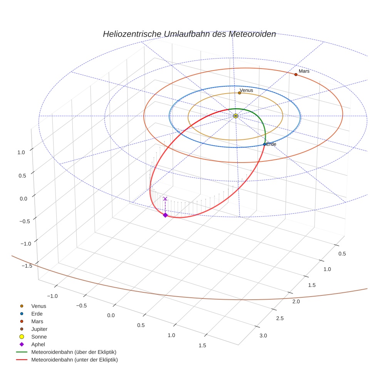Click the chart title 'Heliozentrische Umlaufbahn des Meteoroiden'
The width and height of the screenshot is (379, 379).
tap(189, 34)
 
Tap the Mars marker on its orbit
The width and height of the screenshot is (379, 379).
tap(296, 74)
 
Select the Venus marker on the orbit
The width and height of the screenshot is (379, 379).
tap(240, 93)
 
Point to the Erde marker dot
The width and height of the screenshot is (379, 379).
tap(265, 144)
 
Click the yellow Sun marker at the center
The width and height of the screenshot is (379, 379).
tap(236, 116)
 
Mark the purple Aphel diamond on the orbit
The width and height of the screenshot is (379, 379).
tap(165, 215)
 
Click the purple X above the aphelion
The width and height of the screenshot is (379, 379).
tap(165, 199)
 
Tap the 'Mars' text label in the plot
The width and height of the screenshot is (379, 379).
tap(304, 71)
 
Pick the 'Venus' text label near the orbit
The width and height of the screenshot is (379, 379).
tap(247, 91)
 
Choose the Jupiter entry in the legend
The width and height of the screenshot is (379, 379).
tap(39, 329)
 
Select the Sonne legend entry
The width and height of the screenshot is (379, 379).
tap(39, 337)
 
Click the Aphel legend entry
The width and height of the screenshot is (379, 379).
tap(38, 344)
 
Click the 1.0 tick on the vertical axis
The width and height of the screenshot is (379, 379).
tap(21, 152)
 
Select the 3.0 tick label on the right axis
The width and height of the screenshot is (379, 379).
tap(263, 336)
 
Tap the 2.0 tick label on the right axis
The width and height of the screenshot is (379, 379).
tap(296, 301)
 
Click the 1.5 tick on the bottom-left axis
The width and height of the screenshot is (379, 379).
tap(202, 345)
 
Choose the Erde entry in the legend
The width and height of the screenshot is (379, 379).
tap(37, 314)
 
